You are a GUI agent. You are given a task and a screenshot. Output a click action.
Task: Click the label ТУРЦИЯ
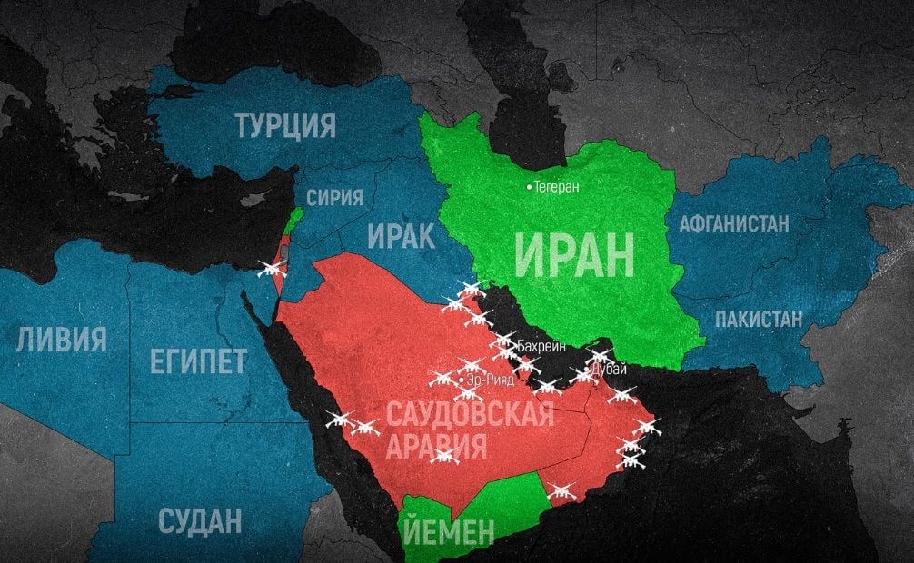(285, 125)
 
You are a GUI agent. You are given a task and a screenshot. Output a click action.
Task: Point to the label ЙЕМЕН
(445, 529)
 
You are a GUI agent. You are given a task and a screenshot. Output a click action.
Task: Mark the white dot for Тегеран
(529, 187)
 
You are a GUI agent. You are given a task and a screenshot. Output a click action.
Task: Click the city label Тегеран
(557, 187)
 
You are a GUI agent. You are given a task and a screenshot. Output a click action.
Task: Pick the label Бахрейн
(543, 347)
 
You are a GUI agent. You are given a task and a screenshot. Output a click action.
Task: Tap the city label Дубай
(609, 369)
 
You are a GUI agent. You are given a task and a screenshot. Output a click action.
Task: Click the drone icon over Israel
(272, 268)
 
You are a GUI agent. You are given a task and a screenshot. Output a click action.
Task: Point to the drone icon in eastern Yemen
(561, 491)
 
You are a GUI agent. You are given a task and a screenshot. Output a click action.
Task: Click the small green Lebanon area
(293, 220)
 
